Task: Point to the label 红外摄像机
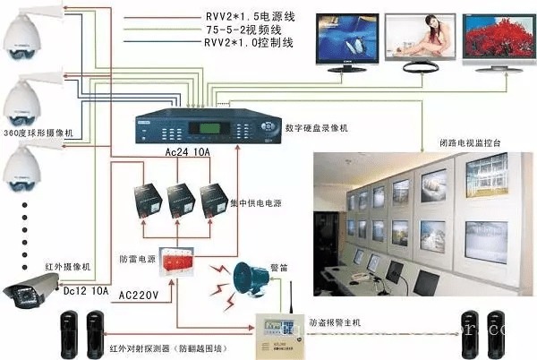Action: pyautogui.click(x=41, y=266)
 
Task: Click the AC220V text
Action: pyautogui.click(x=139, y=294)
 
